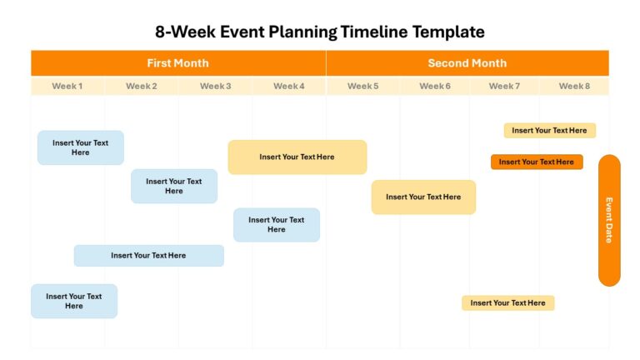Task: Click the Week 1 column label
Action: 67,86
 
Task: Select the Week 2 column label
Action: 141,86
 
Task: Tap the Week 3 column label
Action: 215,86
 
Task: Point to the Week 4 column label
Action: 288,86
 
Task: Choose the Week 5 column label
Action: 362,86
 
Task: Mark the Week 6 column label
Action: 435,86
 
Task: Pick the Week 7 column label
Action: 504,86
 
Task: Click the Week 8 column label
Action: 574,86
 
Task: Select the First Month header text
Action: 177,62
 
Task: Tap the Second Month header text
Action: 467,62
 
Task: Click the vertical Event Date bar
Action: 609,220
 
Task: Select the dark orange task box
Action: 537,162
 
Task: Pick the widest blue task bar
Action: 148,256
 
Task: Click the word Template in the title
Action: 448,32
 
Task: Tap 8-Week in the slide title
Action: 185,32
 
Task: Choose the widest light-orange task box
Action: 297,157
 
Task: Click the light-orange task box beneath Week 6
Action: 423,197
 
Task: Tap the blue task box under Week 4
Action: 277,225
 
